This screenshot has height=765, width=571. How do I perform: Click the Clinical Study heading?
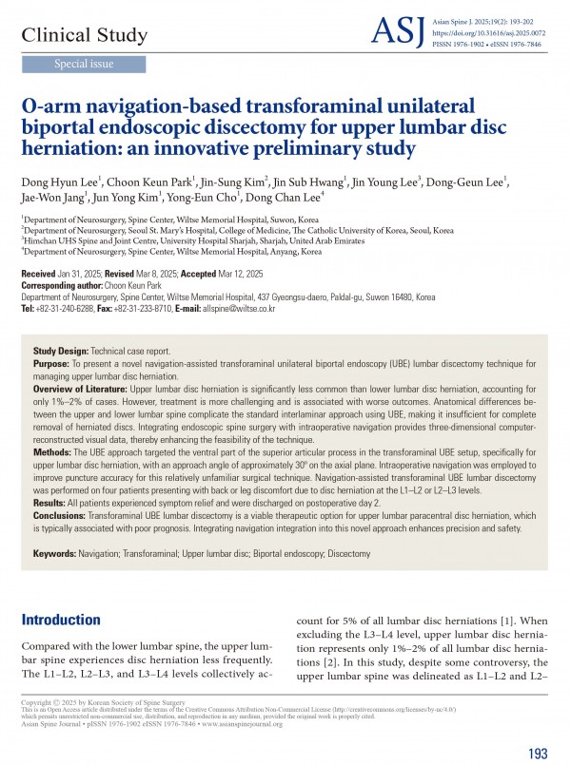click(x=85, y=36)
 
